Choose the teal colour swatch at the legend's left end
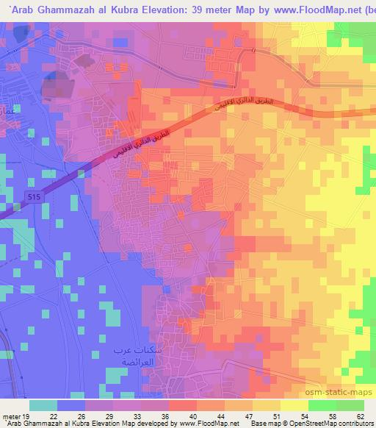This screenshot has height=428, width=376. [43, 405]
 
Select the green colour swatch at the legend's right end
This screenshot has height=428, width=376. [348, 405]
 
